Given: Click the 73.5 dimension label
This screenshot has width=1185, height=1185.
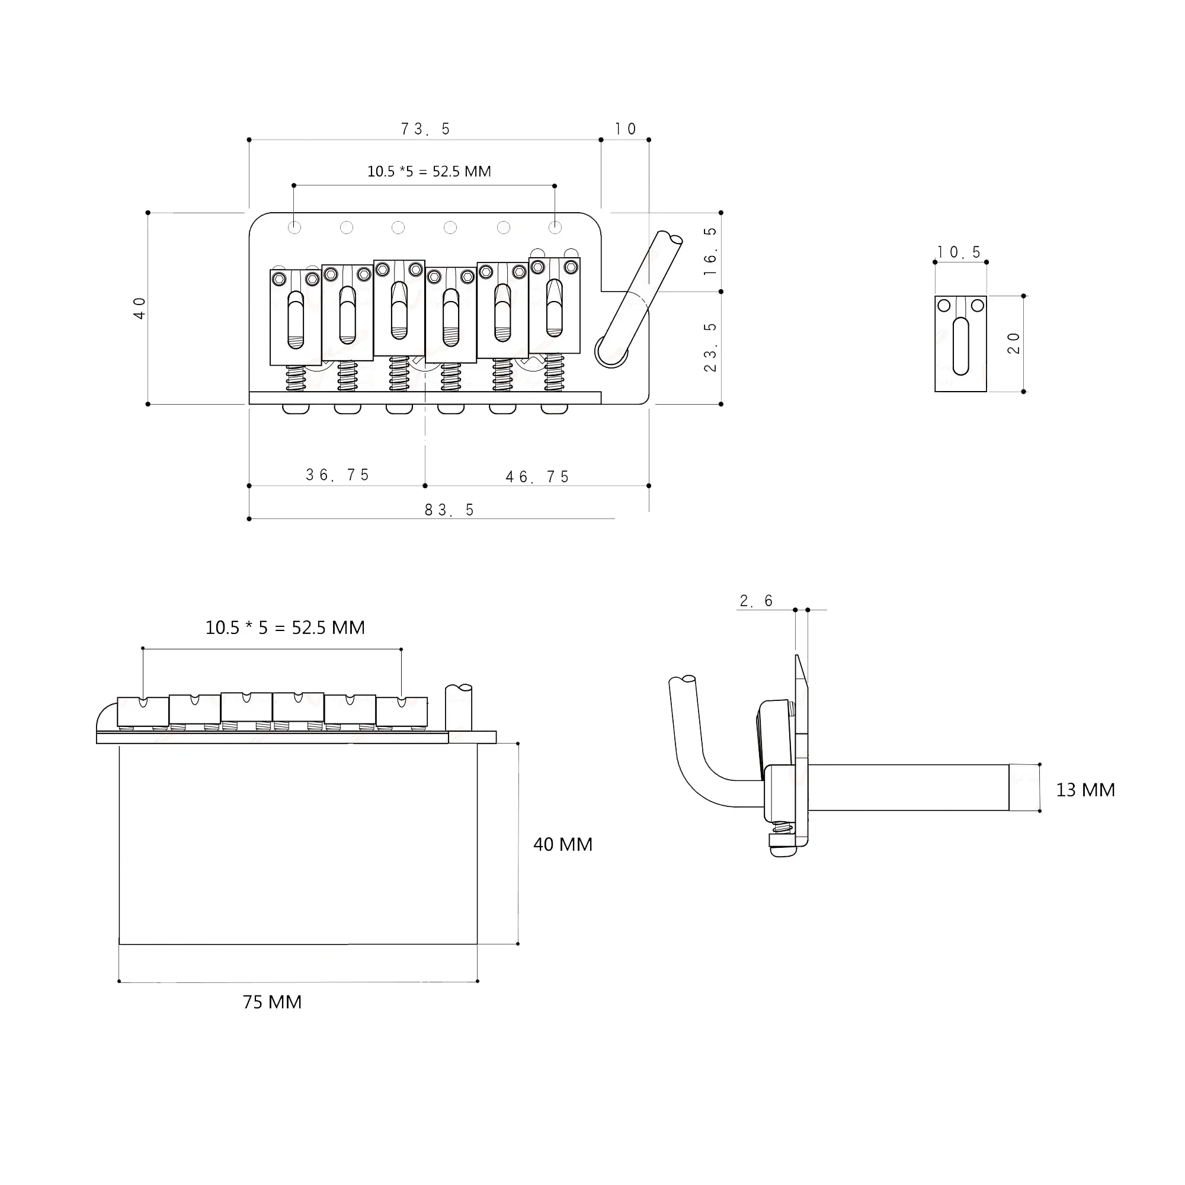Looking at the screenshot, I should [425, 129].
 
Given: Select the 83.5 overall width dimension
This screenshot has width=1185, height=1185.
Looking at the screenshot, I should [449, 510].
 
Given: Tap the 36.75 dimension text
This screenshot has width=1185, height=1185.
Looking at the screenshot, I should [337, 475].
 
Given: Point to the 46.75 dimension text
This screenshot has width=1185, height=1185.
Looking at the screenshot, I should [537, 476].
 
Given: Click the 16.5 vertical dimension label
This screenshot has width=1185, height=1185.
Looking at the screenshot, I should [710, 251].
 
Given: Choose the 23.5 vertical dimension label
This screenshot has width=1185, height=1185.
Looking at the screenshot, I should [710, 347].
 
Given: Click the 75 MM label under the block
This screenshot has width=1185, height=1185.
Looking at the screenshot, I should [272, 1003].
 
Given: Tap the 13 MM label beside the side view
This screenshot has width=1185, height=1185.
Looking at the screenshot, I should [1085, 790].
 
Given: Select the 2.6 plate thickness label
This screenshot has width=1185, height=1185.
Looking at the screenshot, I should [756, 601].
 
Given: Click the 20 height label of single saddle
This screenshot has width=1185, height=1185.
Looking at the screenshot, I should [1013, 344].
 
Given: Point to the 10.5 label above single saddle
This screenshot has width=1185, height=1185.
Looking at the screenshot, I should [959, 252].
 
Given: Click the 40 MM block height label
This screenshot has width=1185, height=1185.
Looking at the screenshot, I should [562, 844].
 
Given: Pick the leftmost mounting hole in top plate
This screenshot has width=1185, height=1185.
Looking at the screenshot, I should [294, 228].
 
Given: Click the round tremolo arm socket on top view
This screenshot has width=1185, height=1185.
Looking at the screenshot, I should [610, 352].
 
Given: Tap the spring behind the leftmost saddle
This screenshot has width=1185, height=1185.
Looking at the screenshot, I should [296, 378].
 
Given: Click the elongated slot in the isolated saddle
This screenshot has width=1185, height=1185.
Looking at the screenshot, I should [960, 346].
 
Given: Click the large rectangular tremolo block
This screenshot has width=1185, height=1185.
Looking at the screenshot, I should [297, 844].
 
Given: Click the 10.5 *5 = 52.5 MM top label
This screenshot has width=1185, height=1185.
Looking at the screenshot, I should [429, 172].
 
